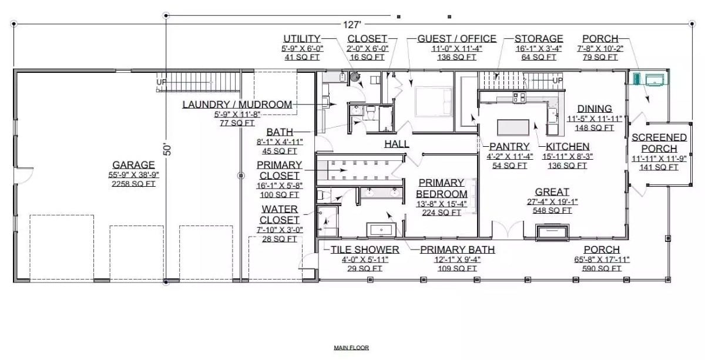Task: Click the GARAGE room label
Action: pyautogui.click(x=134, y=165)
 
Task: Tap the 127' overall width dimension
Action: pyautogui.click(x=351, y=24)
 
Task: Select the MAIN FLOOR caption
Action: pyautogui.click(x=351, y=348)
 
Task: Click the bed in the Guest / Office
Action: pyautogui.click(x=434, y=100)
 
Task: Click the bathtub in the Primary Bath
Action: pyautogui.click(x=383, y=229)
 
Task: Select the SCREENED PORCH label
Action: pyautogui.click(x=659, y=143)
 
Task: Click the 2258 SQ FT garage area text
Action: pyautogui.click(x=134, y=183)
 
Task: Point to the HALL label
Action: pyautogui.click(x=397, y=144)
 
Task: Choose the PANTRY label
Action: pyautogui.click(x=510, y=146)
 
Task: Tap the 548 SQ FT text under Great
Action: pyautogui.click(x=552, y=211)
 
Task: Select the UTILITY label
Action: pyautogui.click(x=301, y=39)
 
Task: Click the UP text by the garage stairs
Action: pyautogui.click(x=160, y=83)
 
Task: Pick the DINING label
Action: pyautogui.click(x=594, y=109)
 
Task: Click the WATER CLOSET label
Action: pyautogui.click(x=280, y=214)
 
